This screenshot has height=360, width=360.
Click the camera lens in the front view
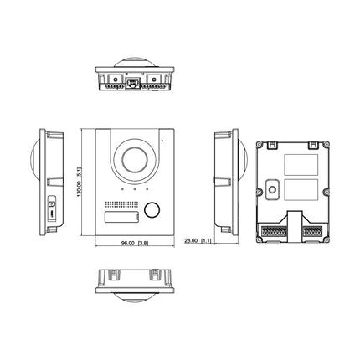pos(135,160)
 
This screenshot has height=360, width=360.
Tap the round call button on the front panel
pos(152,209)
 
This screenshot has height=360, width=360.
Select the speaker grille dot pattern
pos(121,205)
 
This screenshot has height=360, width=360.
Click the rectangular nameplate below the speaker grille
pos(121,217)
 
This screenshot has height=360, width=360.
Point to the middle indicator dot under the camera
pos(135,189)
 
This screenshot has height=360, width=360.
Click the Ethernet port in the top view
pos(131,83)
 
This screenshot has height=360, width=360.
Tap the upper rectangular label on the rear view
pos(301,165)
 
